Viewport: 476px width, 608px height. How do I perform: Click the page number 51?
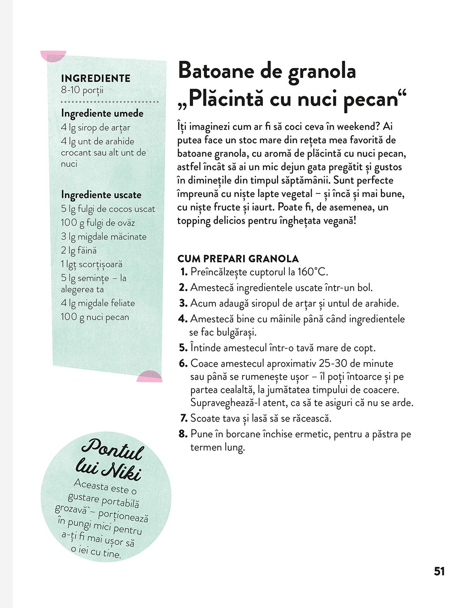point(439,571)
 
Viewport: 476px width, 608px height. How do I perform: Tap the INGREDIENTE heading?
point(96,78)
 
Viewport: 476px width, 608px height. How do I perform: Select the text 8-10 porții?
point(82,90)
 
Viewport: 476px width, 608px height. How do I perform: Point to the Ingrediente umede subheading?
point(102,113)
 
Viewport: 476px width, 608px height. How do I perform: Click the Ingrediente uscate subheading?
point(101,195)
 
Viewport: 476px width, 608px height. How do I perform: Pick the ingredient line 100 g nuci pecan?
point(95,317)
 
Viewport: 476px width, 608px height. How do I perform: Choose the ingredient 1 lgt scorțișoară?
point(92,264)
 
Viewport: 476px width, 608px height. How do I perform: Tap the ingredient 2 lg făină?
point(79,250)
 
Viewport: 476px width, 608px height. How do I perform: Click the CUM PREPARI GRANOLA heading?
point(238,258)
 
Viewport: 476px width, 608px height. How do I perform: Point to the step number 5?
point(183,348)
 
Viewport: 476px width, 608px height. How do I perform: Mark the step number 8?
point(183,434)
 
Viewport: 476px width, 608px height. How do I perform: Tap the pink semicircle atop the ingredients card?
point(53,55)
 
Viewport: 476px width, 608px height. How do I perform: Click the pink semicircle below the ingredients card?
point(149,377)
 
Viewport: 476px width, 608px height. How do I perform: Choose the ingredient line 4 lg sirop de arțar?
point(96,128)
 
